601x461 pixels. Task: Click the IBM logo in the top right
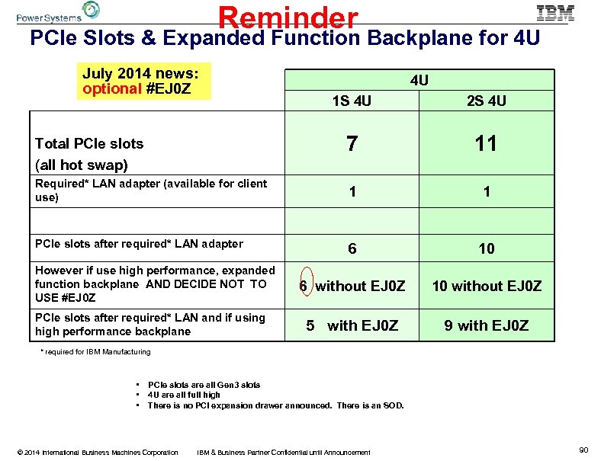click(555, 13)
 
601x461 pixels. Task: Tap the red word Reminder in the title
click(288, 18)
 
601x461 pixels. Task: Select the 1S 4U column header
click(352, 101)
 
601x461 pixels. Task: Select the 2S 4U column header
click(487, 101)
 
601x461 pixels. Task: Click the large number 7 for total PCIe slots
click(351, 142)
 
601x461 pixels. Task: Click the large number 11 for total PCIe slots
click(486, 142)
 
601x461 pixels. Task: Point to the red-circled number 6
click(304, 286)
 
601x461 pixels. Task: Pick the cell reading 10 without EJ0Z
click(487, 287)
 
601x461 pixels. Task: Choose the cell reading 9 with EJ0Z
click(487, 325)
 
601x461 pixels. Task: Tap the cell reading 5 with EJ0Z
click(352, 325)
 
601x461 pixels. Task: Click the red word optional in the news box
click(111, 88)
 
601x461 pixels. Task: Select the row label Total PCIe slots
click(89, 143)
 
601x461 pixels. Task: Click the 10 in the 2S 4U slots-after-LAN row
click(487, 248)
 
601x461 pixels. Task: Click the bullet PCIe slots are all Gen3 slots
click(204, 385)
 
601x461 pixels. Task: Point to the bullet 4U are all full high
click(184, 395)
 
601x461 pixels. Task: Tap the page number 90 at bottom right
click(583, 451)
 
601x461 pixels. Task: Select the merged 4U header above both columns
click(419, 80)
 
